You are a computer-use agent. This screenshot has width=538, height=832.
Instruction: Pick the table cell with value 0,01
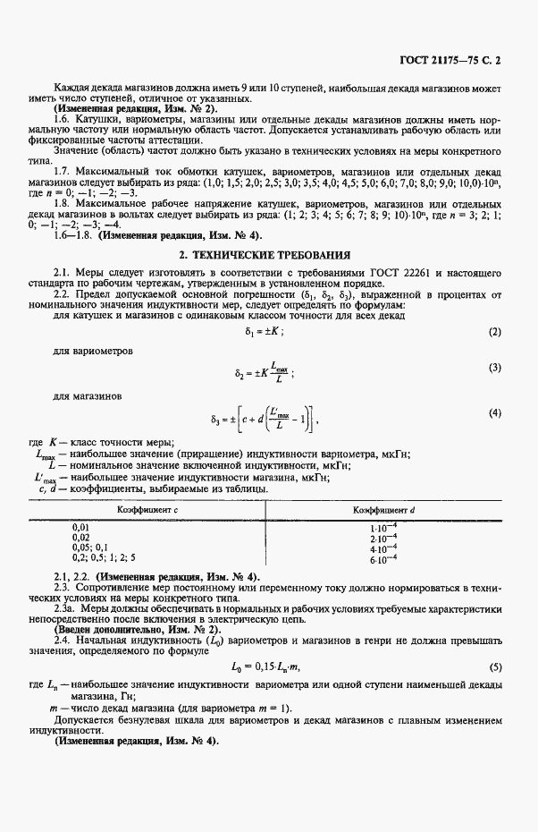tap(80, 528)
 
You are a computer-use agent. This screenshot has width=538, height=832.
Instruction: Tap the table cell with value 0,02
tap(80, 538)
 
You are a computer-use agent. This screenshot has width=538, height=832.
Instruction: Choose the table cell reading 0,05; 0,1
tap(89, 548)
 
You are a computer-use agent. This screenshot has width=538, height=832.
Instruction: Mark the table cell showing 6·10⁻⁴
tap(382, 559)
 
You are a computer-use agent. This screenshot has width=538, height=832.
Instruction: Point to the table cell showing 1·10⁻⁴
tap(382, 528)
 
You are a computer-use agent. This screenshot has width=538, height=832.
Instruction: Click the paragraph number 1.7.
tap(62, 170)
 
